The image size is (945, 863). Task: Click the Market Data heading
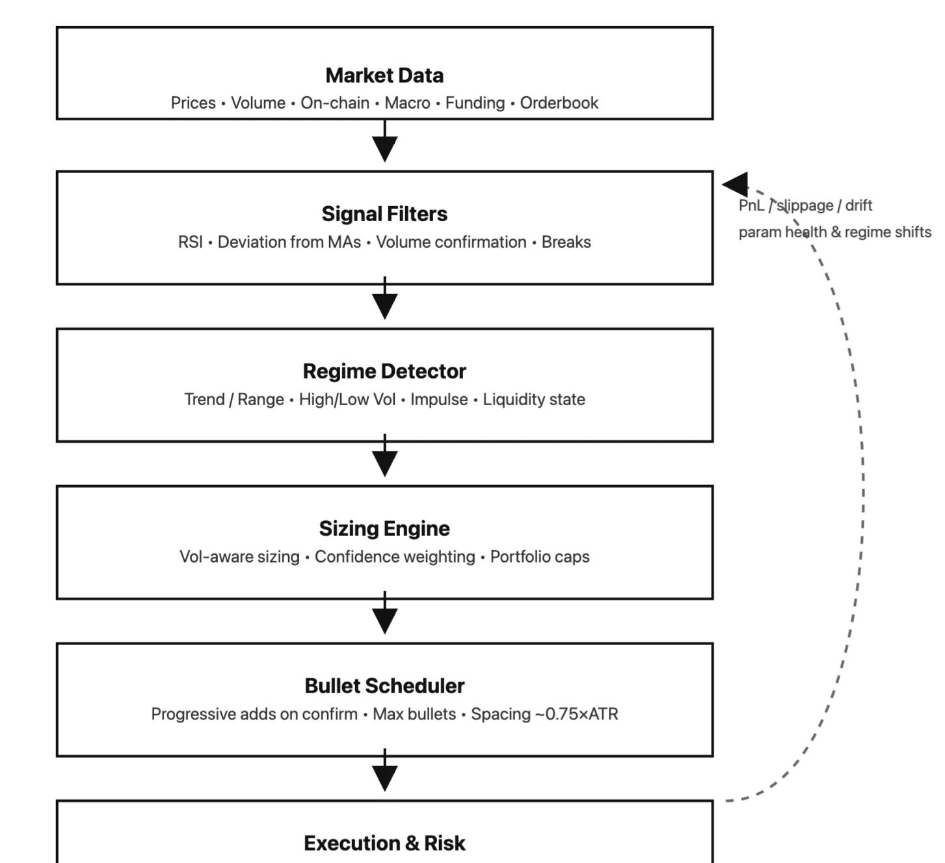click(x=384, y=75)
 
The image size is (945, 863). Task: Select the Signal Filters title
click(x=384, y=214)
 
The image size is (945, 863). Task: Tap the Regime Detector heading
click(x=384, y=371)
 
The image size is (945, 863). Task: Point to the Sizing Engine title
click(x=384, y=529)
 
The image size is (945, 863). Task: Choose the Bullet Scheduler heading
click(x=384, y=686)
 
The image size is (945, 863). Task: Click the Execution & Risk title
click(x=384, y=843)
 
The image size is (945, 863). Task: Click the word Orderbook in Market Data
click(x=559, y=103)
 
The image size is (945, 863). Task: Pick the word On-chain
click(x=335, y=103)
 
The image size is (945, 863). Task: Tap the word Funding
click(x=475, y=103)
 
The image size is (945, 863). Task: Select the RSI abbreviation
click(x=190, y=242)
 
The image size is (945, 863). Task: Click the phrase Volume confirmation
click(x=451, y=242)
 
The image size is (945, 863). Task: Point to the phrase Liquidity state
click(x=533, y=399)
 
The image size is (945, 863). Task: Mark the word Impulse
click(x=438, y=399)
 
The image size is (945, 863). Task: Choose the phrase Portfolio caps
click(x=540, y=557)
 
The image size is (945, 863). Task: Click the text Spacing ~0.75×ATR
click(x=544, y=714)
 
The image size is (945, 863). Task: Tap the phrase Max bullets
click(x=414, y=714)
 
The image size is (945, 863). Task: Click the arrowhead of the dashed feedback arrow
click(x=735, y=185)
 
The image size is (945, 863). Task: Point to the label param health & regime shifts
click(x=834, y=232)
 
